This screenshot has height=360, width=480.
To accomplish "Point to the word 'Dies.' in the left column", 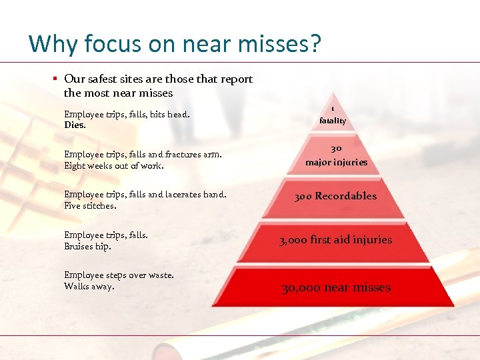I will (75, 125).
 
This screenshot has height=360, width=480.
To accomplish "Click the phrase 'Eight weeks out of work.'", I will (114, 165).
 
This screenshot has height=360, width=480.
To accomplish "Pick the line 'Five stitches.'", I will (90, 205).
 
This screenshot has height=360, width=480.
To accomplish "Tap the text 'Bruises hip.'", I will (87, 246).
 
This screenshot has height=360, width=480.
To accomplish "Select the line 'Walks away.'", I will (89, 286).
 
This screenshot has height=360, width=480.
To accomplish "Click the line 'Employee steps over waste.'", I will (119, 275).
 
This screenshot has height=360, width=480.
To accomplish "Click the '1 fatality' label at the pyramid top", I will (333, 115).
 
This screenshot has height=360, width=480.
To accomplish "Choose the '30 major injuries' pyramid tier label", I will (336, 155).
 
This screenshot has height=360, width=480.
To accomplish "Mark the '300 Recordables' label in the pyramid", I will (335, 196).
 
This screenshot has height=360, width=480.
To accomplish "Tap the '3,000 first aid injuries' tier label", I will (335, 239).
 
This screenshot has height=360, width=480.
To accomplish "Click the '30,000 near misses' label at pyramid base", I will (335, 287).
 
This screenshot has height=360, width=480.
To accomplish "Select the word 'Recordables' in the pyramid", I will (345, 196).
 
